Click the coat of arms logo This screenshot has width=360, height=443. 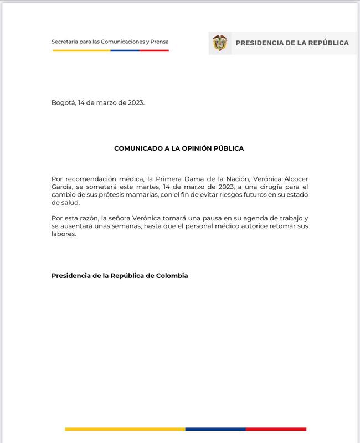pyautogui.click(x=220, y=43)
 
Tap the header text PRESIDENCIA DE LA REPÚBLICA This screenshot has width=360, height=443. pyautogui.click(x=292, y=43)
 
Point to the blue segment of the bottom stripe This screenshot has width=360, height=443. pyautogui.click(x=215, y=429)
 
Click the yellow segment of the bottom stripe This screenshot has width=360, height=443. pyautogui.click(x=125, y=429)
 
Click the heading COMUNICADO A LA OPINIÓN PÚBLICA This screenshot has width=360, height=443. pyautogui.click(x=179, y=148)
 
